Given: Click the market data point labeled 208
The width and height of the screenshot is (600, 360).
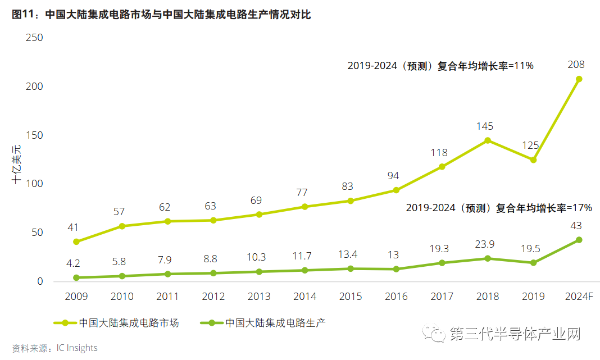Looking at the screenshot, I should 579,79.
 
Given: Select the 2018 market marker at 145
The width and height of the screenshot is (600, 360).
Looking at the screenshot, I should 488,140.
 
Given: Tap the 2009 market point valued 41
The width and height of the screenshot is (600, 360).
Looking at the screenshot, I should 76,242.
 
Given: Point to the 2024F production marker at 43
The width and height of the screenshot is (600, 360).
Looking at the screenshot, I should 579,240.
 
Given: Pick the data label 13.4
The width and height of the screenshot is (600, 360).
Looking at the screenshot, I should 347,255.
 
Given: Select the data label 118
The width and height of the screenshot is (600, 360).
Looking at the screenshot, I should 439,153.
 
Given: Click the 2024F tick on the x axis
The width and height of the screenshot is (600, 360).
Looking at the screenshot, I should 579,297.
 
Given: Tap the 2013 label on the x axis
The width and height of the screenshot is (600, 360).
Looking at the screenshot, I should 259,297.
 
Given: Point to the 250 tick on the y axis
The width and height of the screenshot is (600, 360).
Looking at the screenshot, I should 34,38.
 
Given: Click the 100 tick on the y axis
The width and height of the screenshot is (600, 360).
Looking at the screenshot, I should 34,184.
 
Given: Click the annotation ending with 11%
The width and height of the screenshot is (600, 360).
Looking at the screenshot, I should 440,66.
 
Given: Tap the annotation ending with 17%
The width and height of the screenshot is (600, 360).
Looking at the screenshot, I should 499,208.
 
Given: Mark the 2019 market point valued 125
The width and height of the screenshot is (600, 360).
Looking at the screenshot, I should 533,160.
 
